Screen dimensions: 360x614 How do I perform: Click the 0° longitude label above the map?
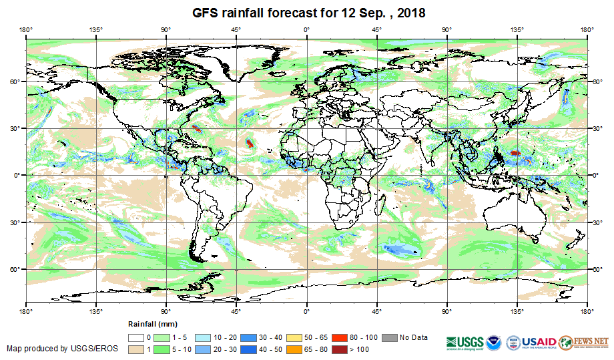click(x=307, y=29)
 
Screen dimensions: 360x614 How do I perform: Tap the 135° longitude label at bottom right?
click(x=517, y=311)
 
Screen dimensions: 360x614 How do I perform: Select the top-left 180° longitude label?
click(x=26, y=29)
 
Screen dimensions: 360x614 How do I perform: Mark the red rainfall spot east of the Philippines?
click(x=515, y=153)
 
